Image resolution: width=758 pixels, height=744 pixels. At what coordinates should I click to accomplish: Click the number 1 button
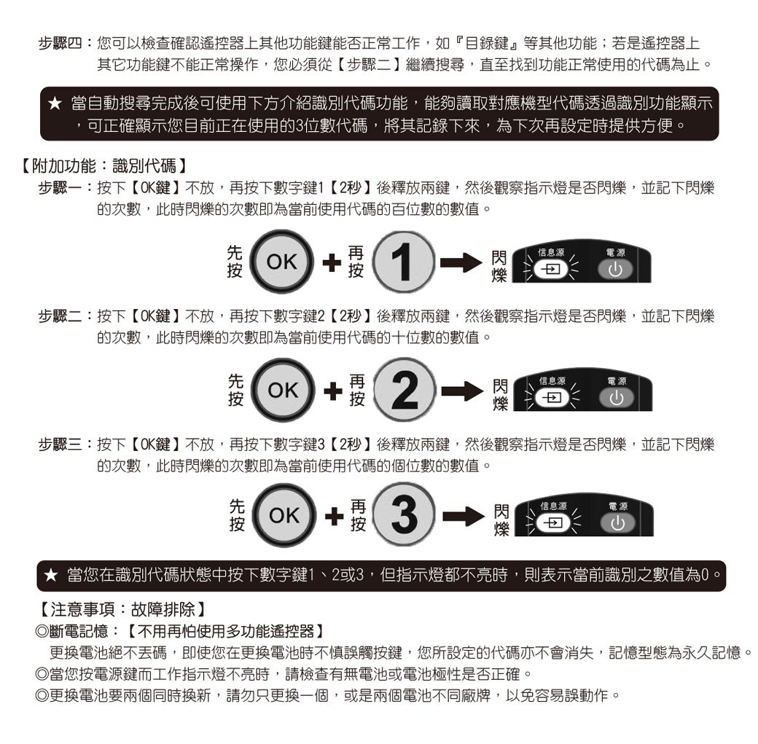pos(404,262)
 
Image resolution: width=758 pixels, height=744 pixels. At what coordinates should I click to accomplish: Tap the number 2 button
pos(405,390)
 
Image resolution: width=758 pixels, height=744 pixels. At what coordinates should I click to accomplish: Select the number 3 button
pos(405,515)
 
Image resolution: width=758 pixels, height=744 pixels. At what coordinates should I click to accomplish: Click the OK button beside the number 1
pos(281,262)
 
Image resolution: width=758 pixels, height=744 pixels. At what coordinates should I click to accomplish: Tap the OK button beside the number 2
pos(283,390)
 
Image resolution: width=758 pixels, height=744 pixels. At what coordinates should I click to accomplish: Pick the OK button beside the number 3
pos(284,515)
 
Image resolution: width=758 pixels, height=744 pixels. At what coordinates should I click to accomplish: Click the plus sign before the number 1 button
pos(332,262)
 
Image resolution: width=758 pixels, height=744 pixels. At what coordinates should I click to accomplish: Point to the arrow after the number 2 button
pos(462,391)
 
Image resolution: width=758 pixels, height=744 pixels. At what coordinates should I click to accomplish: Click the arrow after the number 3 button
pos(464,516)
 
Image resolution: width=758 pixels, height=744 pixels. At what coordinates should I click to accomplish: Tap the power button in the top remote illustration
pos(615,270)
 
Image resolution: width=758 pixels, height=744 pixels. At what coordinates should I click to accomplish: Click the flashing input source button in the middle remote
pos(552,398)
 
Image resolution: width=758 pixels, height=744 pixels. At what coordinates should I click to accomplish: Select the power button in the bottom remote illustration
pos(617,523)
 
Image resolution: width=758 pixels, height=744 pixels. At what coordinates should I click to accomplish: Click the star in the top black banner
pos(55,103)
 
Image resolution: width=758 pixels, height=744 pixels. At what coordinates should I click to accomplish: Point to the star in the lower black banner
pos(51,575)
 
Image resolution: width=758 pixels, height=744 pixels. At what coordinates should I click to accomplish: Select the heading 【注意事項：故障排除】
pos(122,609)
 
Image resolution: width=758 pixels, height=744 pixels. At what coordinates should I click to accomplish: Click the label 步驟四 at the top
pos(60,44)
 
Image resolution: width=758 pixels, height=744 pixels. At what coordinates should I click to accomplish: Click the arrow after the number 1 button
pos(461,262)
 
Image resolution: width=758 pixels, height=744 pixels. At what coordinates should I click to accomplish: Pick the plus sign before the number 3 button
pos(334,516)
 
